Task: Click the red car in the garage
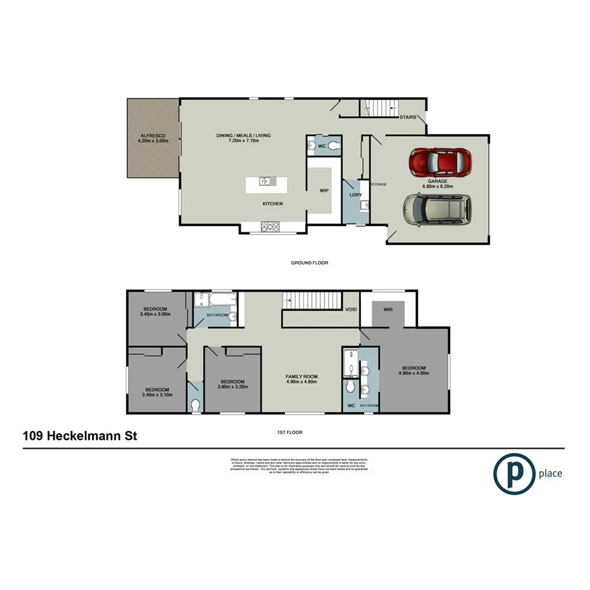click(x=440, y=162)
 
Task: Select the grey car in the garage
click(x=438, y=210)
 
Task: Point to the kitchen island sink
click(x=266, y=182)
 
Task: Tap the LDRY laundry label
click(x=355, y=195)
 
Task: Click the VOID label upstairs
click(x=351, y=310)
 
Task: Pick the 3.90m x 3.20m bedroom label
click(x=232, y=384)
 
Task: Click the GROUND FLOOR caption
click(x=309, y=263)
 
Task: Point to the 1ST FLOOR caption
click(x=291, y=432)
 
